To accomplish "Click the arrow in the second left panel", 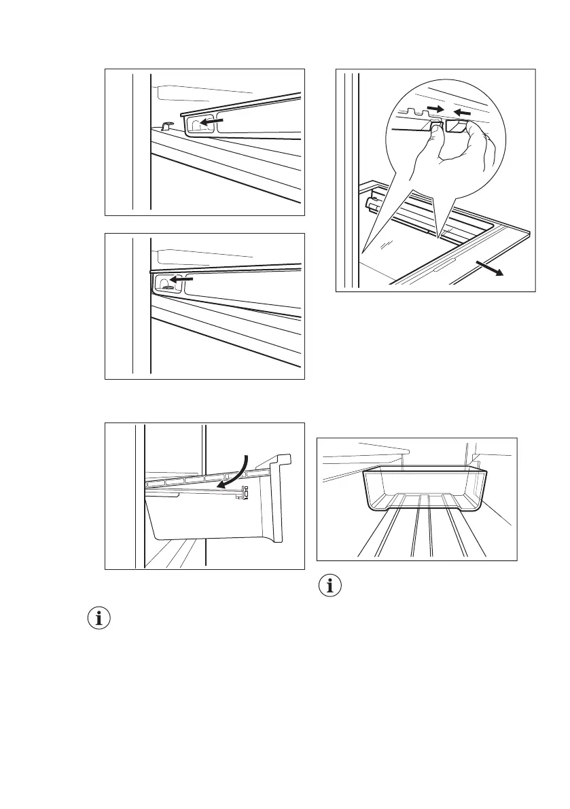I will tap(181, 278).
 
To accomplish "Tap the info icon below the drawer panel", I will tap(100, 618).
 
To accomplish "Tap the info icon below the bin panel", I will tap(330, 586).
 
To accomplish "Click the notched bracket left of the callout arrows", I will tap(407, 109).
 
